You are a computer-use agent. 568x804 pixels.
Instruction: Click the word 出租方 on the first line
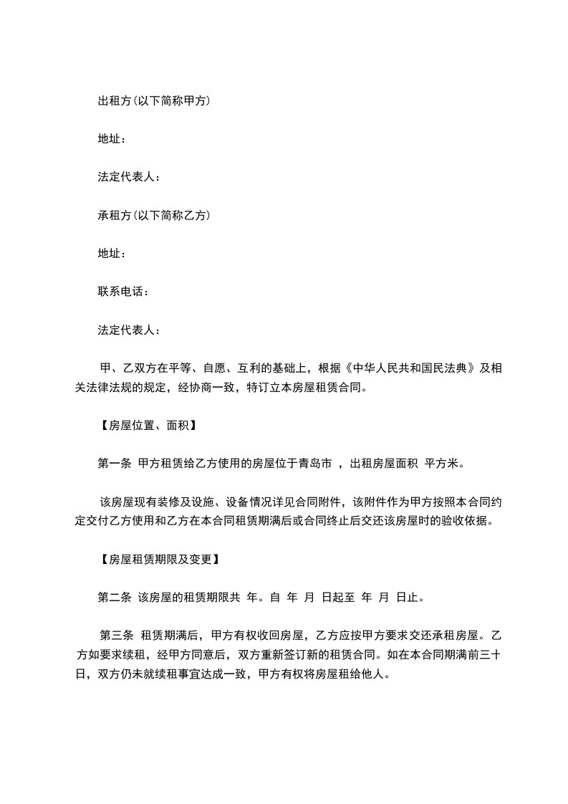click(x=114, y=101)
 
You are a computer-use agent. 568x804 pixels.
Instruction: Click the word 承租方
click(x=114, y=215)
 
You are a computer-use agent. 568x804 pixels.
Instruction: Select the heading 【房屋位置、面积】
click(x=146, y=426)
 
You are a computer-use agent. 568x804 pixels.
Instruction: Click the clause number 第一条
click(x=114, y=464)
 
